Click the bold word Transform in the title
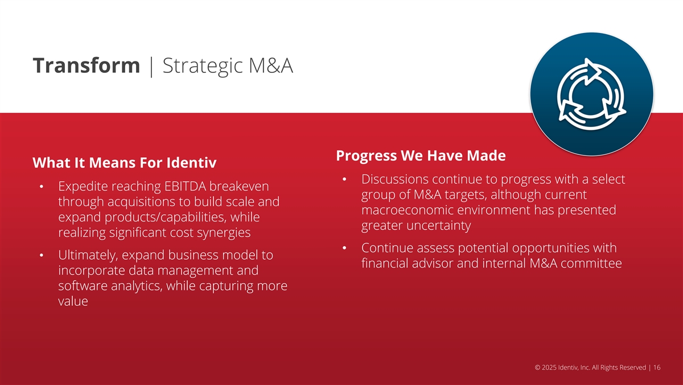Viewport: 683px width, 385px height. pos(87,65)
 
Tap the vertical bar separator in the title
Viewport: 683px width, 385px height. pos(151,66)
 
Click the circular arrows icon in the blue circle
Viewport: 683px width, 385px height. pos(592,95)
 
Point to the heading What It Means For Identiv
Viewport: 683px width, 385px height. pos(125,163)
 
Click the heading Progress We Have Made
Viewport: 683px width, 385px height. pos(421,155)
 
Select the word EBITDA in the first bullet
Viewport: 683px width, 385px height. pos(185,186)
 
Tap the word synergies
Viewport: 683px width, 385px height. pos(224,233)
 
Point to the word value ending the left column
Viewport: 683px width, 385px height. pos(73,301)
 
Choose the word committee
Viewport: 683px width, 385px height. pos(591,263)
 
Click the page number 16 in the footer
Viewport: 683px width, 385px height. pos(657,367)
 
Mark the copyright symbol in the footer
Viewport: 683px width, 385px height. pos(537,367)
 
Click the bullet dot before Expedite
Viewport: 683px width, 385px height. pos(42,186)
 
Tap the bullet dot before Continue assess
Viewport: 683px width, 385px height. pos(344,248)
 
